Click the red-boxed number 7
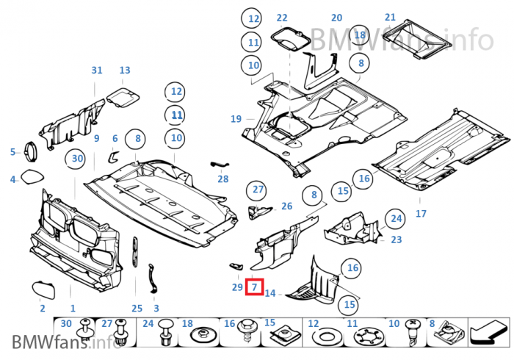pos(254,287)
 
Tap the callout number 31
pos(97,71)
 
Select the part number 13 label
pos(125,71)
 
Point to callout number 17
pos(421,215)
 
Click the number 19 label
pos(236,118)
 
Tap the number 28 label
pos(222,179)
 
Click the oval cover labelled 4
pos(32,178)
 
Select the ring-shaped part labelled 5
pos(32,151)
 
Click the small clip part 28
pos(220,164)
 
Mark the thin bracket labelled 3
pos(152,281)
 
